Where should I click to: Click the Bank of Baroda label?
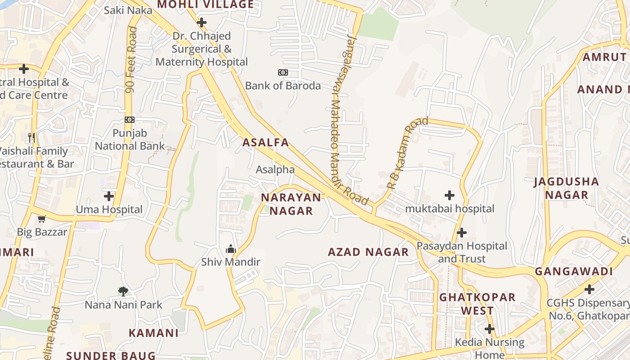point(283,85)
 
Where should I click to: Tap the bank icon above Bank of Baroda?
point(283,72)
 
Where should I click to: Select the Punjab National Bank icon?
point(130,120)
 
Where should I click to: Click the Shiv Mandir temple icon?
point(230,249)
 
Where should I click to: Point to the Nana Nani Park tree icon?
point(123,291)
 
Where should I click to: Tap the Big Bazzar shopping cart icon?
point(42,219)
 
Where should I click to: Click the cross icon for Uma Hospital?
point(108,196)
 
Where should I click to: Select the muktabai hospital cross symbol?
point(449,195)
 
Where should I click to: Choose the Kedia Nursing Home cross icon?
point(489,329)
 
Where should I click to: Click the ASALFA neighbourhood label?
point(265,143)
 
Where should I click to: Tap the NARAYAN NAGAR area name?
point(291,204)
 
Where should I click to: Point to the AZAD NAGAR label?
point(368,252)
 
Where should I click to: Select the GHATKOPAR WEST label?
point(477,304)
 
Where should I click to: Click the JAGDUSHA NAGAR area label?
point(567,188)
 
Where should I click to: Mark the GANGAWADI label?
point(574,271)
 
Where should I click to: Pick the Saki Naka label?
point(128,10)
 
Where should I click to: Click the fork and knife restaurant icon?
point(31,137)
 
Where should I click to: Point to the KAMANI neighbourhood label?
point(153,333)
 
